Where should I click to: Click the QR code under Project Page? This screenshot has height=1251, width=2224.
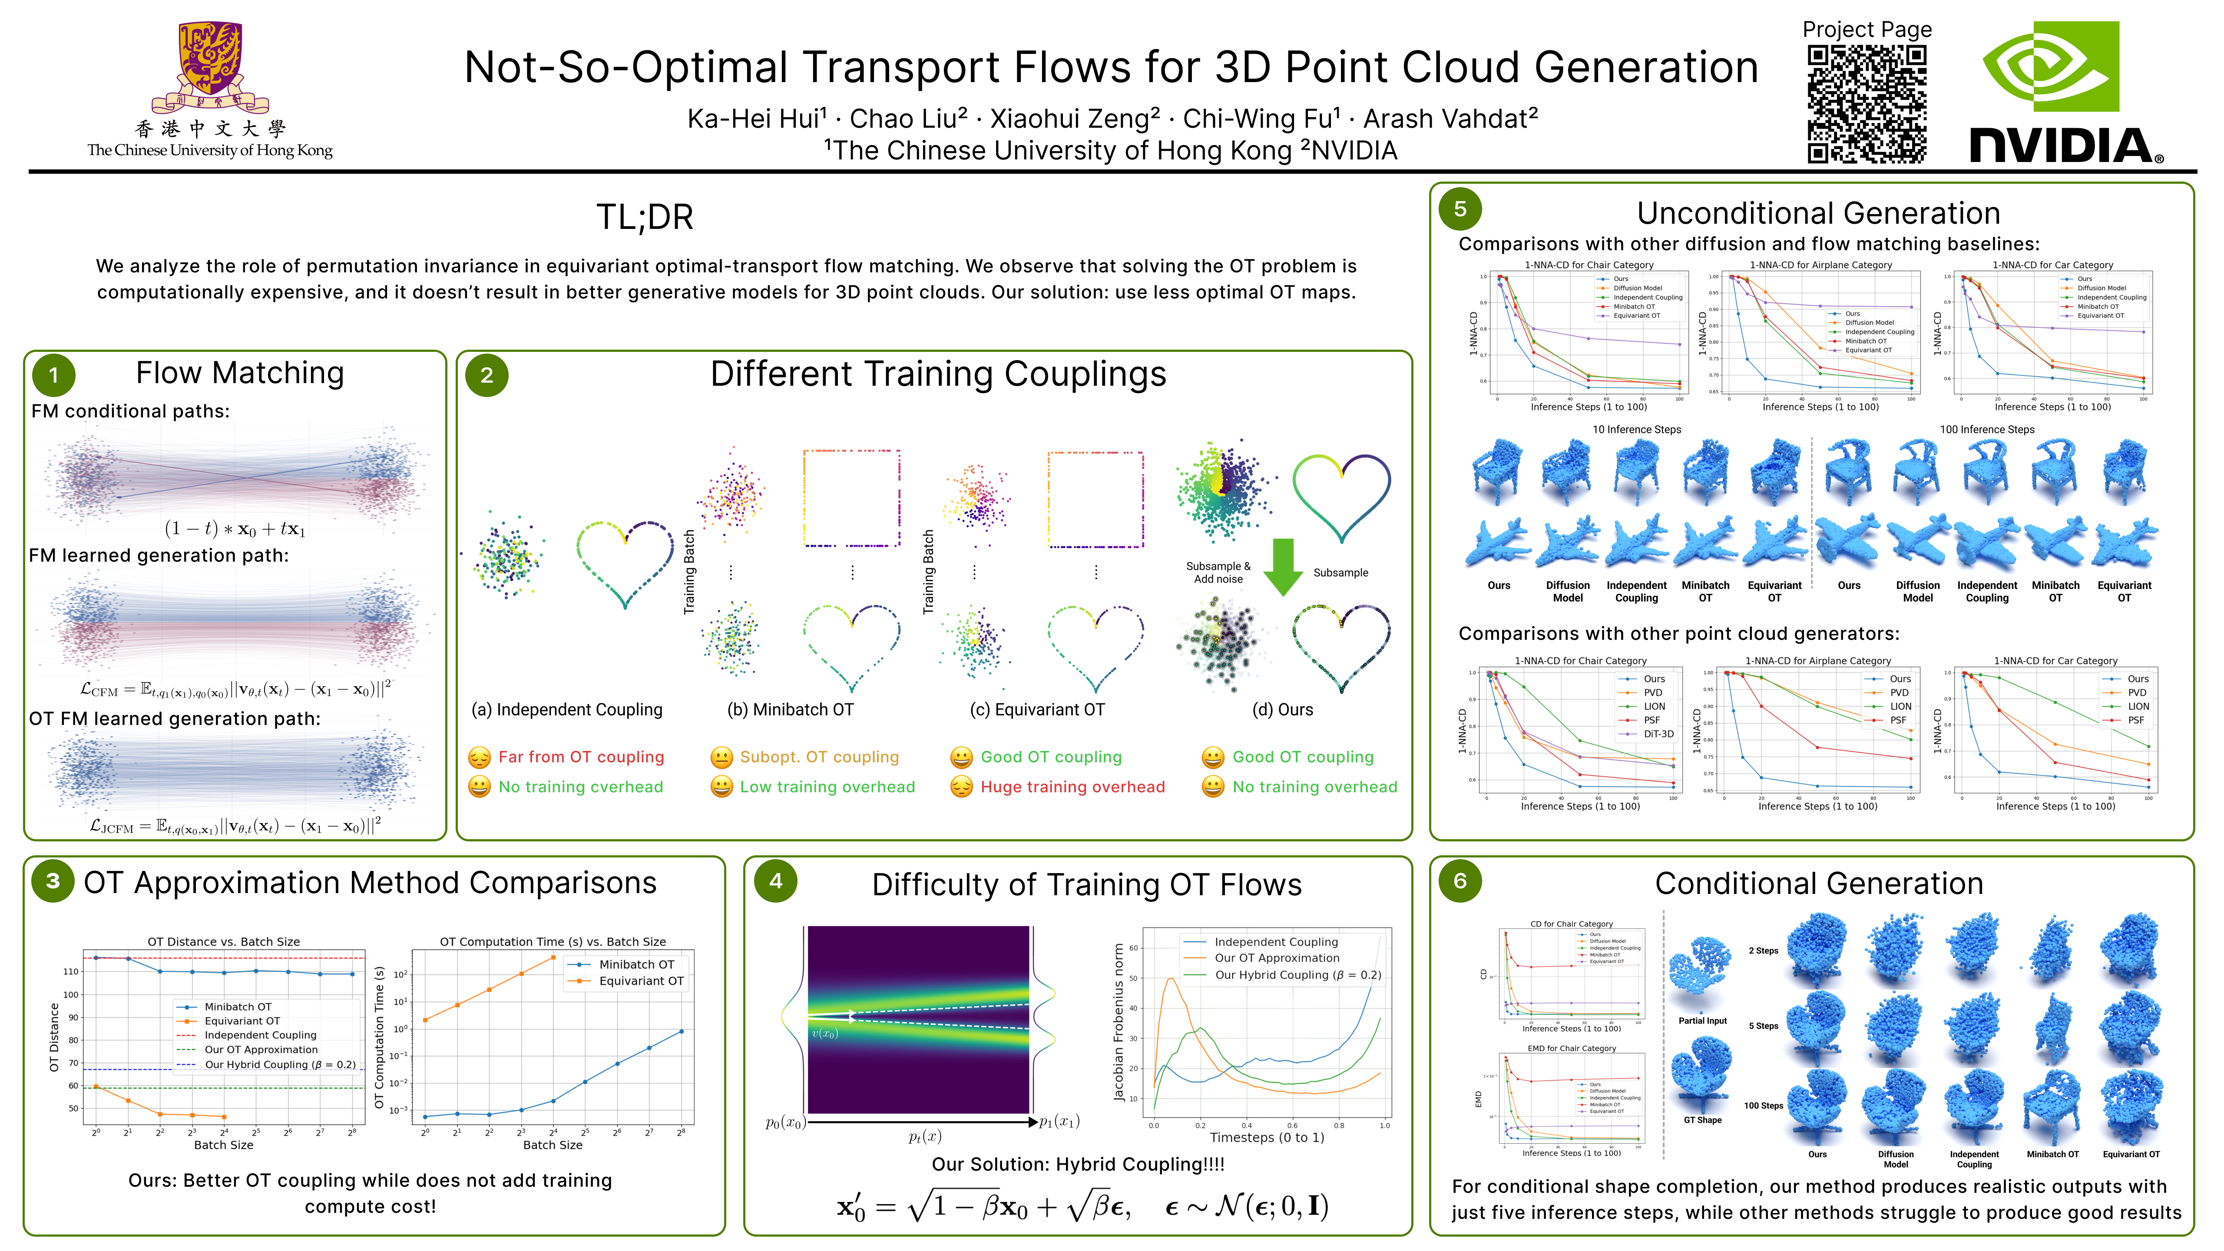tap(1867, 104)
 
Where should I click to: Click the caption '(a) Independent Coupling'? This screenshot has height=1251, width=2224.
tap(566, 710)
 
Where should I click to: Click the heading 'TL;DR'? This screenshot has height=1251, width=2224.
tap(645, 217)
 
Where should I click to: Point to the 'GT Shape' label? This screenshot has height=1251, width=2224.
tap(1702, 1120)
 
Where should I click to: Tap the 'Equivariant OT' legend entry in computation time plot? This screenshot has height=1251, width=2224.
tap(641, 981)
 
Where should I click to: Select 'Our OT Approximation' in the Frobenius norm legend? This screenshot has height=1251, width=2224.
tap(1276, 958)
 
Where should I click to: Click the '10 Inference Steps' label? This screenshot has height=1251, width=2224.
tap(1636, 429)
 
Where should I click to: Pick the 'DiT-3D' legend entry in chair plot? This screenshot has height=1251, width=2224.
tap(1658, 734)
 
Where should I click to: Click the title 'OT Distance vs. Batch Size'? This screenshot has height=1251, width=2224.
tap(224, 942)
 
